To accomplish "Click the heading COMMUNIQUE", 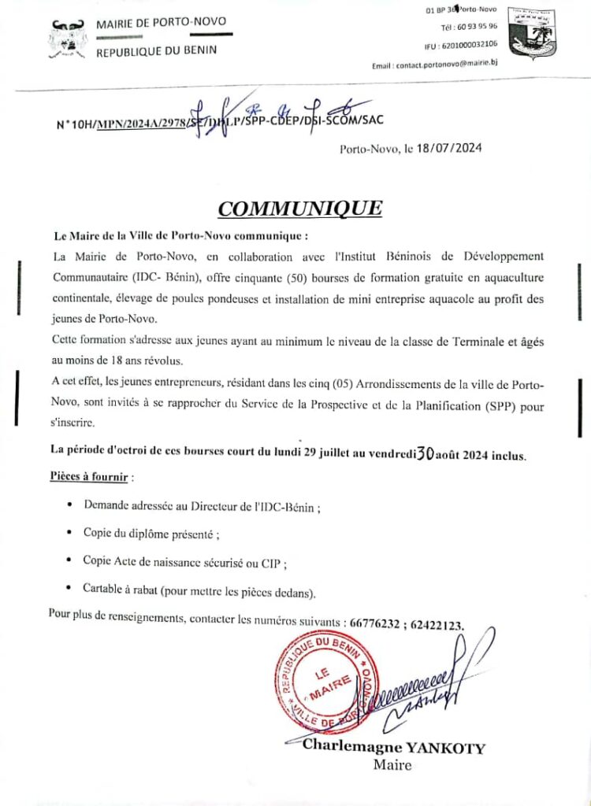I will pyautogui.click(x=299, y=209).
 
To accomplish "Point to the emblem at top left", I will pyautogui.click(x=68, y=39).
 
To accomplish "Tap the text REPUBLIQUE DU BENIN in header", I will pyautogui.click(x=156, y=51).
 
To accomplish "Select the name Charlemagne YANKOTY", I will pyautogui.click(x=394, y=748).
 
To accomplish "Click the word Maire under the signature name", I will pyautogui.click(x=392, y=765).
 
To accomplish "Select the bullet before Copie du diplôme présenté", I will pyautogui.click(x=72, y=534).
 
